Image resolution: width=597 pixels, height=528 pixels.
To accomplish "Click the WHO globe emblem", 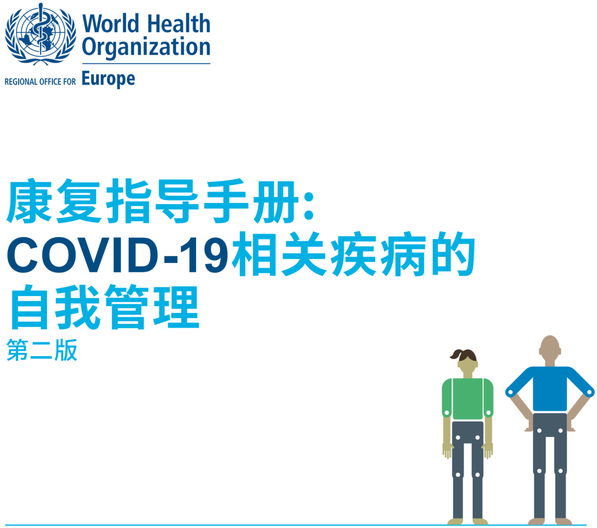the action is point(40,34).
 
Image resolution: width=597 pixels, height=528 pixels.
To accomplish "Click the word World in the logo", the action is point(110,24).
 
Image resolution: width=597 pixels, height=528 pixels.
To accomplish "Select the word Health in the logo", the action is point(178,24).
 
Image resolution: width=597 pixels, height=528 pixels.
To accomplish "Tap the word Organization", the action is point(146,48).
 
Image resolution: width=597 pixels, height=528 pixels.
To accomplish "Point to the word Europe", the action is point(109,79).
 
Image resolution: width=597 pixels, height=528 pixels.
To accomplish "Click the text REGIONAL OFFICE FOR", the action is point(40,82).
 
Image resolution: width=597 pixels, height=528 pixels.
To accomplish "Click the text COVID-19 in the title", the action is point(117,255).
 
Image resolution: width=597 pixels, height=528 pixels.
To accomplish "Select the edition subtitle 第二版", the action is point(42,350).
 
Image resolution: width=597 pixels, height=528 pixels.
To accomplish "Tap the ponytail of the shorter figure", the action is point(456,354).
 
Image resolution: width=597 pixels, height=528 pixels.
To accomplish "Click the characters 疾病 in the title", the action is point(378,254).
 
